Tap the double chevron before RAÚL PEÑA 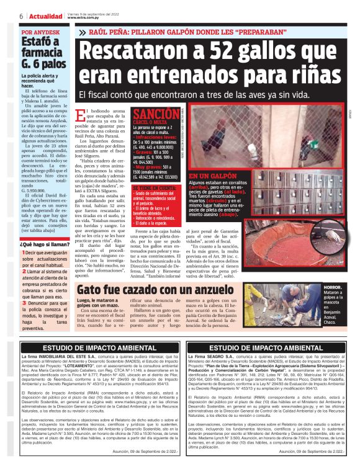(83, 32)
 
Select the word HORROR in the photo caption (332, 288)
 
